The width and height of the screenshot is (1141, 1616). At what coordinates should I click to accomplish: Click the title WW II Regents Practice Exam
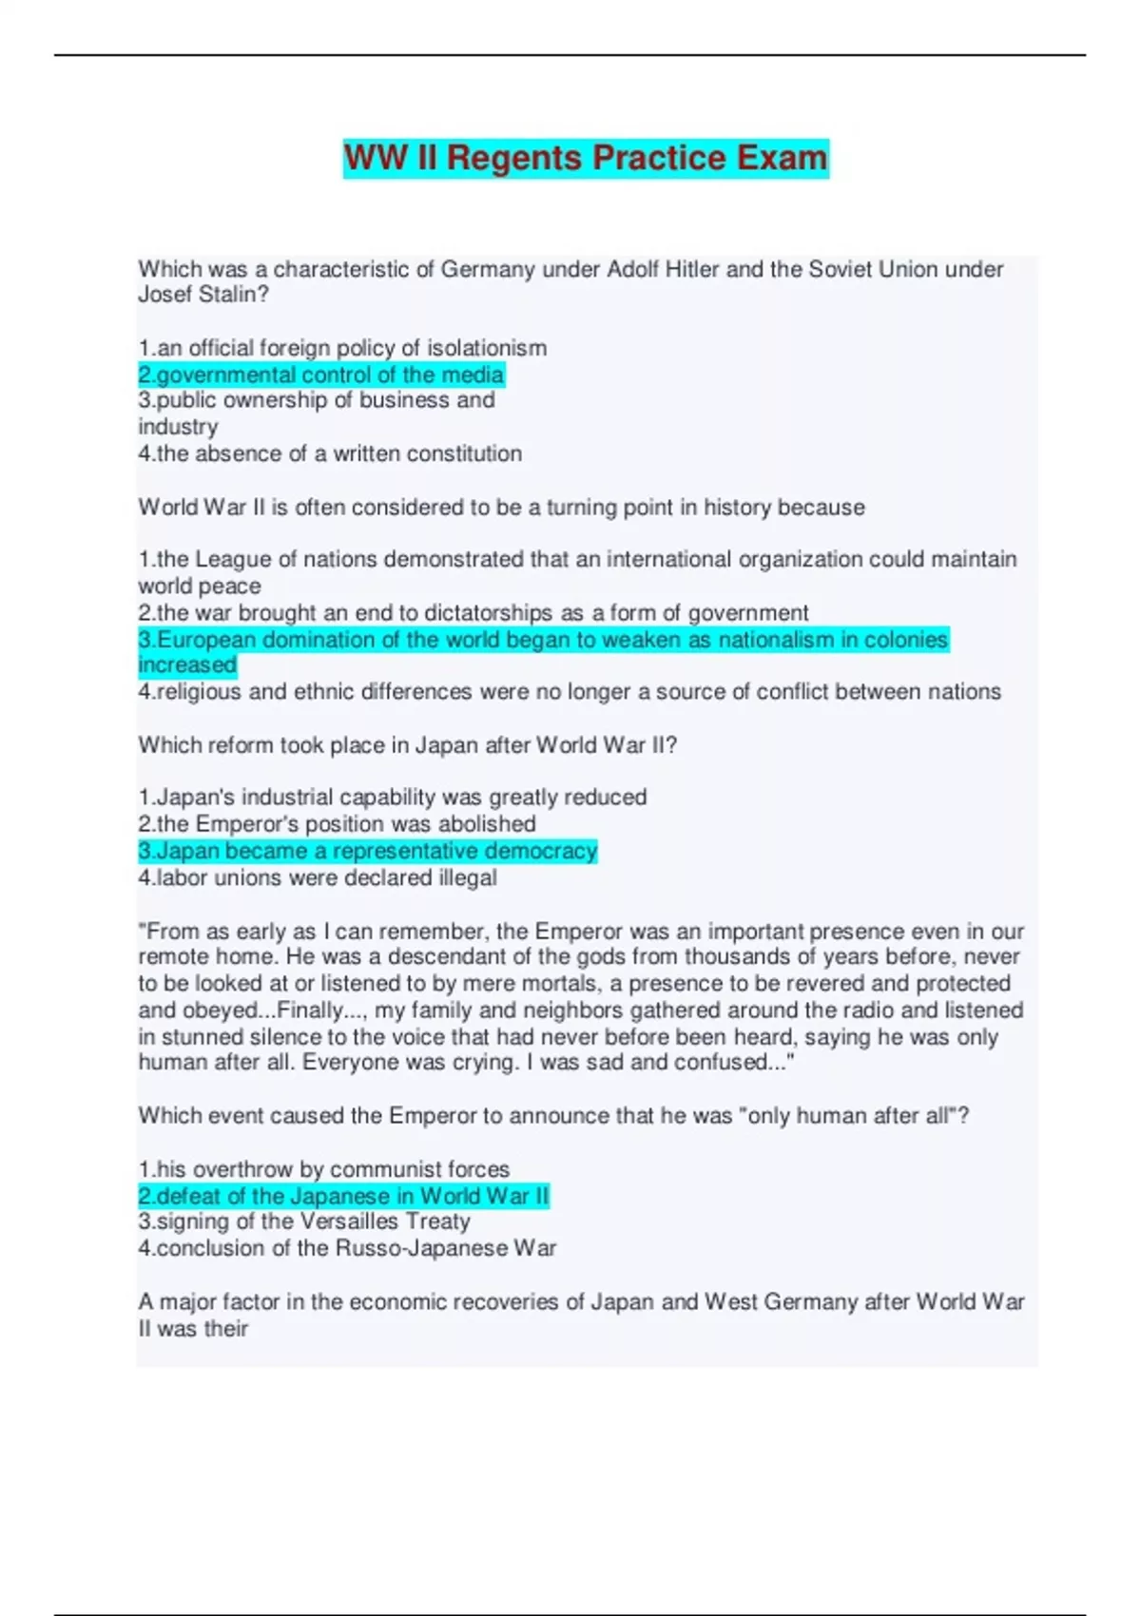585,158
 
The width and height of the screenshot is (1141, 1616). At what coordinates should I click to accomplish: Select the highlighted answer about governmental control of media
320,375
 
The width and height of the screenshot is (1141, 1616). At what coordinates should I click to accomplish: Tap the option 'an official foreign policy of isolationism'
342,348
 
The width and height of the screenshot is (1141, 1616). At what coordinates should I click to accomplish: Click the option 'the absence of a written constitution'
330,453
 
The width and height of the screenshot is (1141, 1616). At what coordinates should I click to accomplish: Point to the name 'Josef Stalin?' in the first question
203,295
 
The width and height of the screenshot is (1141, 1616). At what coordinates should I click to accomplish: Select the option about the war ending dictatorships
473,613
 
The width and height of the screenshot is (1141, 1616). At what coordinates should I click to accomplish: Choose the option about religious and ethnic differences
569,692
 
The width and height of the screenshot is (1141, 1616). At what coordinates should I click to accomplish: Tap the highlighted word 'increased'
187,665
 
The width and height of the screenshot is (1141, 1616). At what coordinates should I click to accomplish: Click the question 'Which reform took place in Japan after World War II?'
407,745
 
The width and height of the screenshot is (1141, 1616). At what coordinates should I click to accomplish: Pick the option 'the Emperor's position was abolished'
337,824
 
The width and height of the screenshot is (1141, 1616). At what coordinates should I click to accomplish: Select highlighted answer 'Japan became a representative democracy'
367,851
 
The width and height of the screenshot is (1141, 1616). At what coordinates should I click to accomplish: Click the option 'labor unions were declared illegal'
317,877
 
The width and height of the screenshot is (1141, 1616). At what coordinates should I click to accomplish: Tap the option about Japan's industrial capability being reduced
392,798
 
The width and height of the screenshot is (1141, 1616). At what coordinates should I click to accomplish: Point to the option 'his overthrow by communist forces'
323,1169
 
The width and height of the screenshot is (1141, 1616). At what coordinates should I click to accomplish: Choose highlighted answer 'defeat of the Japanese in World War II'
343,1196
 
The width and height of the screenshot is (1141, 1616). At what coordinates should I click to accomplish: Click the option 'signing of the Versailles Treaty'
304,1222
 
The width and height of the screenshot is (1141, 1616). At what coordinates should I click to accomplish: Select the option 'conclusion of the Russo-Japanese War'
347,1248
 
